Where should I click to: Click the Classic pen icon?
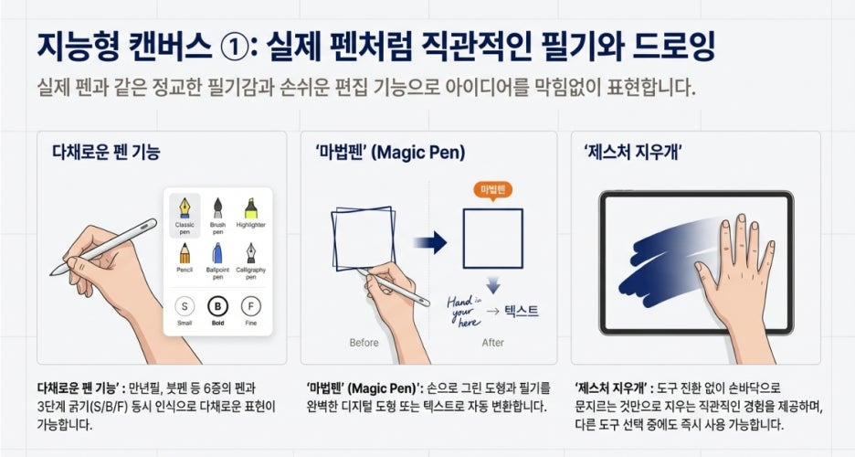tap(185, 207)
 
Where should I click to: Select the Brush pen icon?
tap(217, 208)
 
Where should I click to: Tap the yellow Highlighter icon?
tap(251, 208)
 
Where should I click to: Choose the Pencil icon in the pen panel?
tap(185, 253)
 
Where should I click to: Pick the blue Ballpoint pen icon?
tap(217, 253)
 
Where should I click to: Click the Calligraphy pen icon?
tap(251, 253)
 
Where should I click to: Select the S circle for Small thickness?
tap(185, 306)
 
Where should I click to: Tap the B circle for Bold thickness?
tap(217, 306)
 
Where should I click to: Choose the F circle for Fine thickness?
tap(251, 306)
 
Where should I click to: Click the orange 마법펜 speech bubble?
tap(493, 190)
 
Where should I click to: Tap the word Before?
tap(364, 343)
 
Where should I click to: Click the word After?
tap(493, 343)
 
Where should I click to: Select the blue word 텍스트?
tap(522, 311)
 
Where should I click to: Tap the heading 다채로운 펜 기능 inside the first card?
tap(106, 151)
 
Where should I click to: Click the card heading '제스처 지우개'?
tap(632, 151)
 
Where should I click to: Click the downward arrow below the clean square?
tap(493, 284)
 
